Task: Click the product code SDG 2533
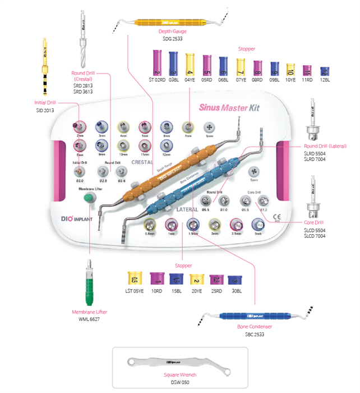tap(172, 39)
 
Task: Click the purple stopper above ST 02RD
tap(157, 63)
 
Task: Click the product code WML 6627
tap(90, 319)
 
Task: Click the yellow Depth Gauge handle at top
tap(171, 23)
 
